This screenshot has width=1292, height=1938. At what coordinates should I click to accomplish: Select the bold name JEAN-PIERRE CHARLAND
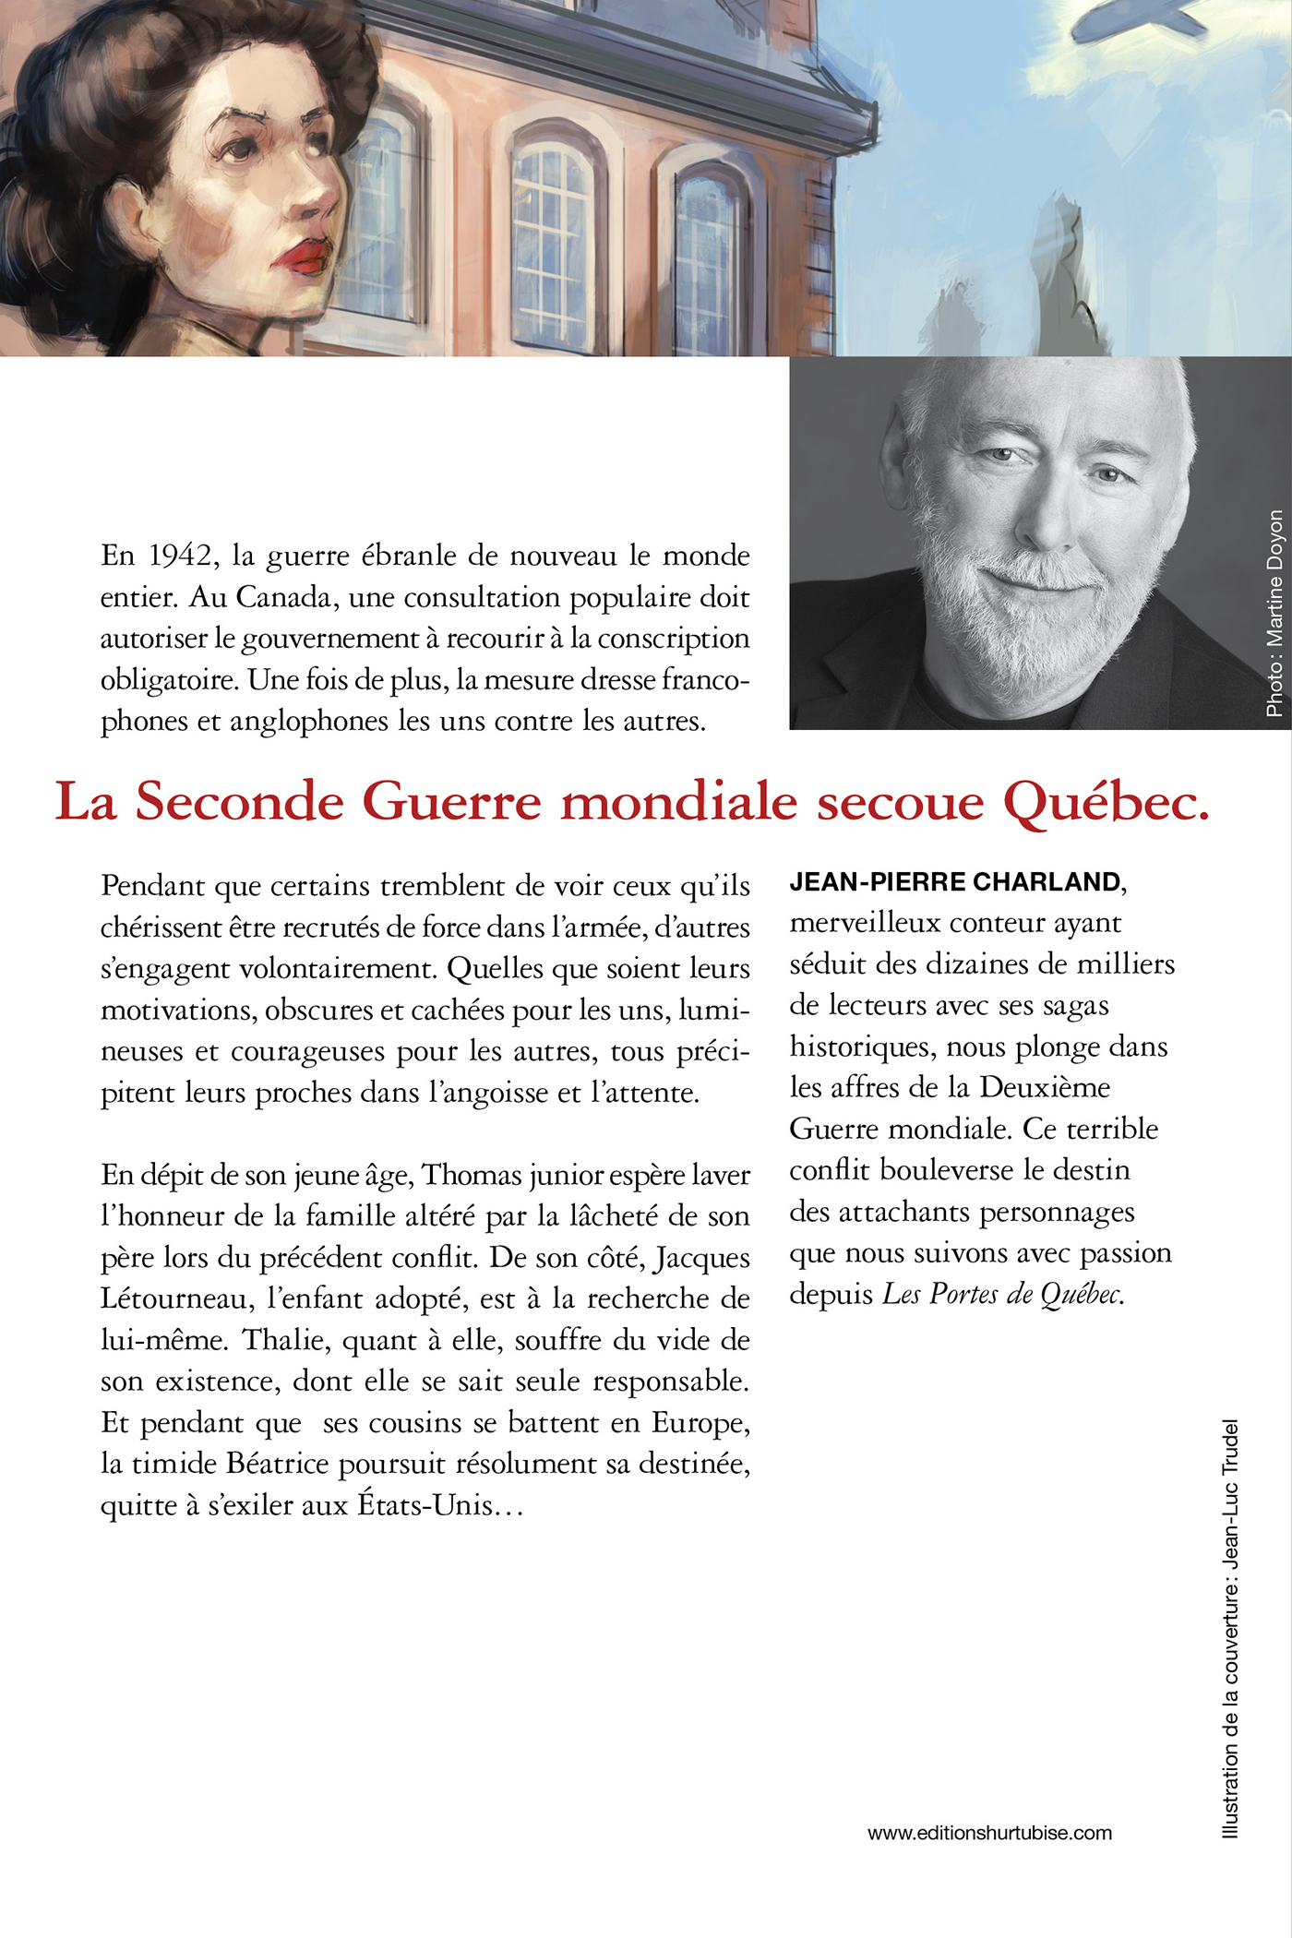pos(955,882)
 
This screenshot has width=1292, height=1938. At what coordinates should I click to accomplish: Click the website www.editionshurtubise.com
pos(989,1833)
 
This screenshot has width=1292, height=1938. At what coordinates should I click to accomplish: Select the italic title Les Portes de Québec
pos(1003,1295)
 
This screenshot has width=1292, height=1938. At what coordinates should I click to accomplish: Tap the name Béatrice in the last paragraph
pos(278,1465)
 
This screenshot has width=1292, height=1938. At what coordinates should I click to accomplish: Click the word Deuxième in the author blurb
pos(1045,1088)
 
